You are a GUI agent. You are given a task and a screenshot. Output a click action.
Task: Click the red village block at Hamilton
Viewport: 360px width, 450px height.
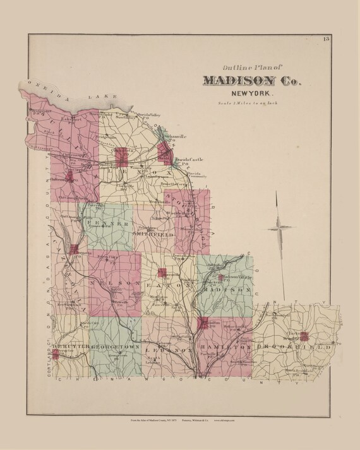pyautogui.click(x=203, y=324)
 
